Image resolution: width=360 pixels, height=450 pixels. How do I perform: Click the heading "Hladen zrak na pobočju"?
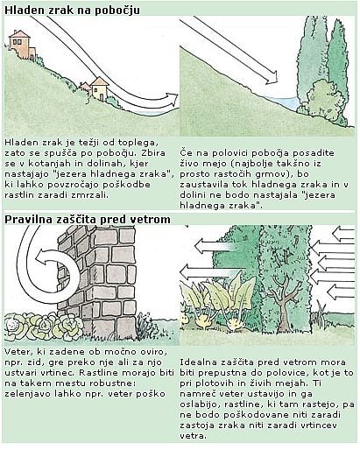[72, 11]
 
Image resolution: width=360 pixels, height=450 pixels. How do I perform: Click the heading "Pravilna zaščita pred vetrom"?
[88, 219]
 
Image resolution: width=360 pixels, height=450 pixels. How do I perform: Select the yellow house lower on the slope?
[99, 88]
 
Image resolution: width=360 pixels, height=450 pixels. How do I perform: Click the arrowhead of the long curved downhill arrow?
[172, 99]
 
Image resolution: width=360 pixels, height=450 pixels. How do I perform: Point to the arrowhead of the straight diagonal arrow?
[272, 77]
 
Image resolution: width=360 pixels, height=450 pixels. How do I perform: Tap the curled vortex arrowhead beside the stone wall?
[41, 257]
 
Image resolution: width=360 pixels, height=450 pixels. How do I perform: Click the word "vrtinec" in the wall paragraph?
[63, 373]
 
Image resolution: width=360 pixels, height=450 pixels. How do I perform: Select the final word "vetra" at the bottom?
[193, 436]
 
